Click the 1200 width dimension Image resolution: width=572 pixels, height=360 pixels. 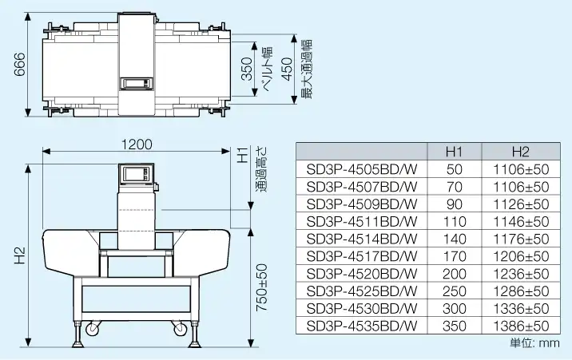click(x=137, y=144)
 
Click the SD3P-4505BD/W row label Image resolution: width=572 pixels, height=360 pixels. click(x=362, y=169)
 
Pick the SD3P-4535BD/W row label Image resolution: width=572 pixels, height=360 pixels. click(x=362, y=326)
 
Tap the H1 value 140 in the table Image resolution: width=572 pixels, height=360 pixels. click(x=455, y=239)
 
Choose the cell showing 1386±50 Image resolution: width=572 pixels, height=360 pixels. click(x=521, y=326)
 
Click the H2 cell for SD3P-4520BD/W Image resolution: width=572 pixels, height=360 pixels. click(x=521, y=274)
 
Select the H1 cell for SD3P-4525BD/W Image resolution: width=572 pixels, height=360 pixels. click(x=455, y=291)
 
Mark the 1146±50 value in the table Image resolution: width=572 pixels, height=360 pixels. click(x=521, y=221)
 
